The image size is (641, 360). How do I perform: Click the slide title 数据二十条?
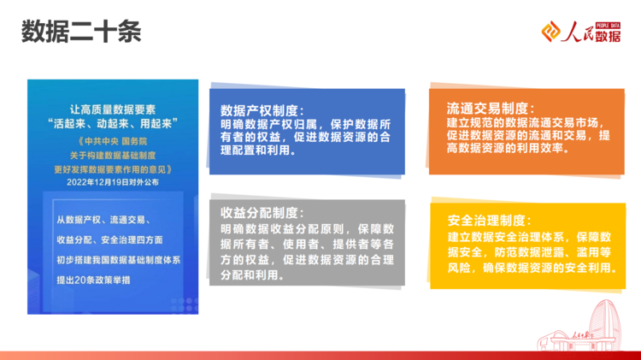coord(81,32)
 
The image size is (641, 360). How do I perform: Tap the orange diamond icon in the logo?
coord(550,32)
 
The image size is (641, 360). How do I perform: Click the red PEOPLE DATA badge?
coord(608,26)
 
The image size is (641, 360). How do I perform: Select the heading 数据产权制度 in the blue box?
coord(262,110)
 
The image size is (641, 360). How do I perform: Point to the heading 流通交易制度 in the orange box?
coord(491,109)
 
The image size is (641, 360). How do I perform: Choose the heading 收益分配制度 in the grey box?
coord(262,213)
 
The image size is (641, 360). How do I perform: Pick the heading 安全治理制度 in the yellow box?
coord(490,221)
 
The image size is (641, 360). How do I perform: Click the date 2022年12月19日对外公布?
coord(113,182)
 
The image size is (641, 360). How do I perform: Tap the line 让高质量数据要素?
coord(113,109)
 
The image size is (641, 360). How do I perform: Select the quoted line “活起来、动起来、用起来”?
coord(113,123)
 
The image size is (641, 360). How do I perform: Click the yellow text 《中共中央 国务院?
coord(113,142)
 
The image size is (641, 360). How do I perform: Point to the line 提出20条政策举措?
coord(93,280)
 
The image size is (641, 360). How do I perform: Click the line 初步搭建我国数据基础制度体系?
coord(119,260)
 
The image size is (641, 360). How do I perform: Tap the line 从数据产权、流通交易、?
coord(103,220)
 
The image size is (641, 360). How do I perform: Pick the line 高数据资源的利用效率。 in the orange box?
coord(508,148)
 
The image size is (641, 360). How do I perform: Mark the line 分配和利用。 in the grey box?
coord(252,274)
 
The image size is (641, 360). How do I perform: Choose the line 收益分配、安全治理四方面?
coord(109,240)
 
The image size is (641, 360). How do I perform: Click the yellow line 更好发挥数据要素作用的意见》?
coord(113,169)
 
